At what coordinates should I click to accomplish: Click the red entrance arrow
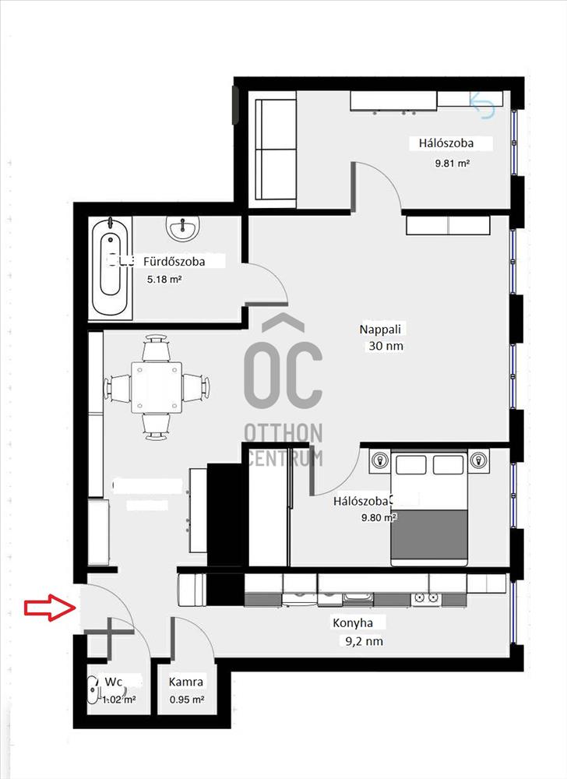click(50, 607)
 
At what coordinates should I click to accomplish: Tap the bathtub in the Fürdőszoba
click(111, 268)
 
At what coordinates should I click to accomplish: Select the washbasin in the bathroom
click(183, 227)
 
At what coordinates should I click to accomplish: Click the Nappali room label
click(380, 329)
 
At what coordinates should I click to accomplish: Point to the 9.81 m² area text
click(453, 163)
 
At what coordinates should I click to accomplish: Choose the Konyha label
click(353, 622)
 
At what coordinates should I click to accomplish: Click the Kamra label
click(185, 682)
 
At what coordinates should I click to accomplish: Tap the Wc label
click(113, 681)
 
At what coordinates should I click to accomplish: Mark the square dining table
click(157, 387)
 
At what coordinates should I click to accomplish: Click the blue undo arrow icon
click(482, 105)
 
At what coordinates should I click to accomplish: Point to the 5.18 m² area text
click(164, 279)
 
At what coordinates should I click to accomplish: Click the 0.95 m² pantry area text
click(187, 700)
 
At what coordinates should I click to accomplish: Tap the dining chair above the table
click(157, 347)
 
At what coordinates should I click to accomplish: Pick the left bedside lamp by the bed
click(380, 460)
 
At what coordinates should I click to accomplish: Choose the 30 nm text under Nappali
click(386, 346)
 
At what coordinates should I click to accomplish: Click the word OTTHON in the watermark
click(283, 432)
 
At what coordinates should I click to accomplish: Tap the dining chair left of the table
click(117, 388)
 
